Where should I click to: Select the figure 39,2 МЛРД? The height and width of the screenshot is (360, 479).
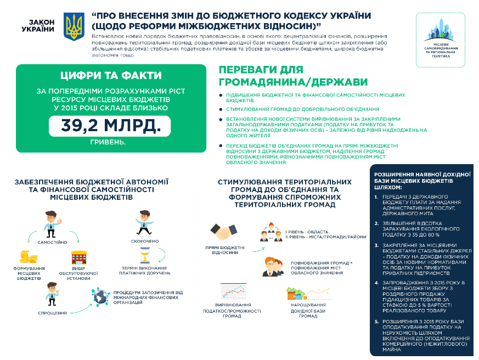(x=109, y=126)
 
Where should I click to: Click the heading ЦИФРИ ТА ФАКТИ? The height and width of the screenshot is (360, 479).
(x=109, y=76)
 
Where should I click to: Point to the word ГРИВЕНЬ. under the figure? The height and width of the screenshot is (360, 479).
(x=108, y=143)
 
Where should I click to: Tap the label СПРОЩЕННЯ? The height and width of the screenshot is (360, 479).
(x=53, y=313)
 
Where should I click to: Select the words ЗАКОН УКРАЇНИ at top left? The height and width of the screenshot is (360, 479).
(x=38, y=25)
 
